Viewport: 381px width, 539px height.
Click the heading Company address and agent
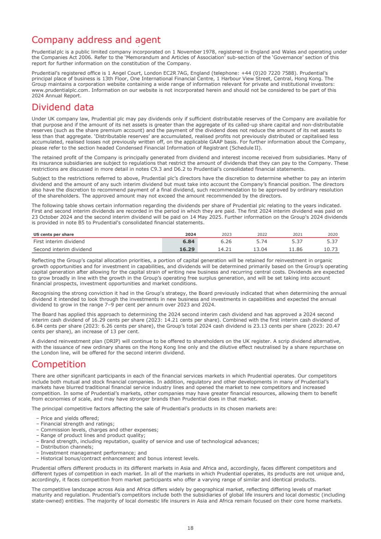pos(96,40)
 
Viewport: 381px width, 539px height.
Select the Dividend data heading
pos(63,108)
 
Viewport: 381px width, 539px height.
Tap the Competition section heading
pos(59,364)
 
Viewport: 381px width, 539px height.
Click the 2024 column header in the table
pos(190,234)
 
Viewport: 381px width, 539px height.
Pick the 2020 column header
pos(333,234)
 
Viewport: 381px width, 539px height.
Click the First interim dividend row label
pos(59,241)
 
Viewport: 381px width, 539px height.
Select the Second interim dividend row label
pos(63,249)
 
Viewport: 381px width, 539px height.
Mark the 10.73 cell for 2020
pos(331,249)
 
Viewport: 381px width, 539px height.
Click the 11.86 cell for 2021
pos(296,249)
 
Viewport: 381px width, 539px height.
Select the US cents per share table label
pos(54,234)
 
